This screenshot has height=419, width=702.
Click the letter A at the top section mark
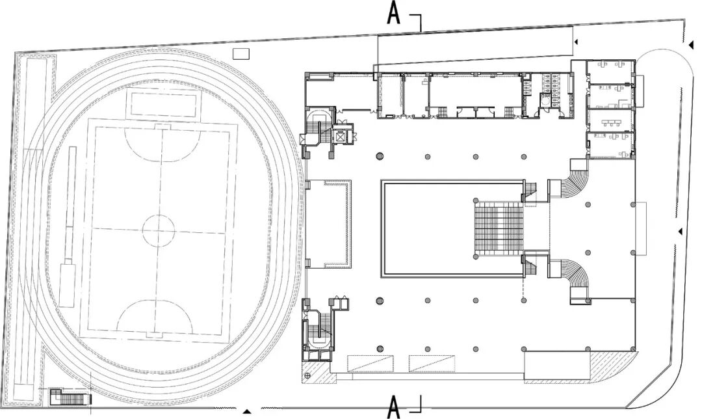tap(393, 13)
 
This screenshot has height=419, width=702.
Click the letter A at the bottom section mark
tap(393, 407)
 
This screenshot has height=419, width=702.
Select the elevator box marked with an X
tap(341, 137)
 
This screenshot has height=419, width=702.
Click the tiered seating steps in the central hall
tap(499, 228)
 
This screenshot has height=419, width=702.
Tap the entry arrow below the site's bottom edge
tap(246, 412)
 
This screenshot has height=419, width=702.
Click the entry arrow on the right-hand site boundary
tap(680, 232)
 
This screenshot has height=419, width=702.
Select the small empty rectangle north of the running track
tap(241, 53)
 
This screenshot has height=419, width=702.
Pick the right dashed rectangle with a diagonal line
tap(431, 364)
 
